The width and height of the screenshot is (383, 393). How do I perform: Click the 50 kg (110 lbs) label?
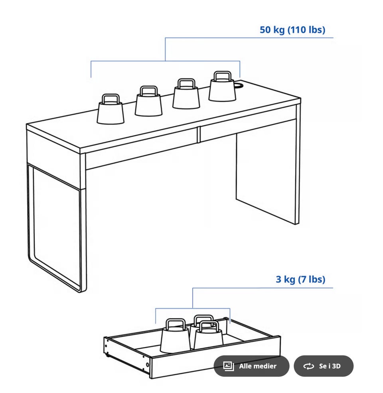[x=292, y=30]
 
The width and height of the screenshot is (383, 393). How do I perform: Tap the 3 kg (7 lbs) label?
[x=300, y=279]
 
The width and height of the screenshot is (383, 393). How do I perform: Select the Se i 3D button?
[x=324, y=366]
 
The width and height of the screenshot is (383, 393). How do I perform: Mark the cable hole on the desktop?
[x=239, y=85]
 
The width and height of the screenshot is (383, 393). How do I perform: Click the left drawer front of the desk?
[x=142, y=149]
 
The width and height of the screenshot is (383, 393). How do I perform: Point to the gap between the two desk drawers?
[x=199, y=134]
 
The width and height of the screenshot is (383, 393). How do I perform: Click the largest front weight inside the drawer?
[x=175, y=336]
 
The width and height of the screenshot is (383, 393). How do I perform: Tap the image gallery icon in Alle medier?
[x=229, y=366]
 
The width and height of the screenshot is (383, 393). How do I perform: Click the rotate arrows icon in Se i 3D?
[x=308, y=366]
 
